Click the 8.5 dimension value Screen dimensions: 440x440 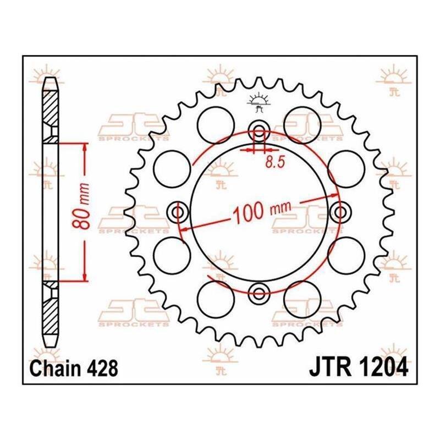tap(275, 162)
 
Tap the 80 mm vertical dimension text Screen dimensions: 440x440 tap(81, 206)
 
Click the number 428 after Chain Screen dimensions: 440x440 tap(102, 369)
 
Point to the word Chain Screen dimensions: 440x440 tap(56, 369)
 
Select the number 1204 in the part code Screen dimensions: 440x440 tap(383, 367)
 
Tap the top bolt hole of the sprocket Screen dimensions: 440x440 tap(260, 130)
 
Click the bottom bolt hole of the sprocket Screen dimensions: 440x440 tap(259, 294)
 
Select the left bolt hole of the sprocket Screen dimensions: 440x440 tap(178, 212)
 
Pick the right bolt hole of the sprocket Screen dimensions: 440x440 tap(340, 212)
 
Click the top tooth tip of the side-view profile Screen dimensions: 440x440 tap(51, 78)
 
